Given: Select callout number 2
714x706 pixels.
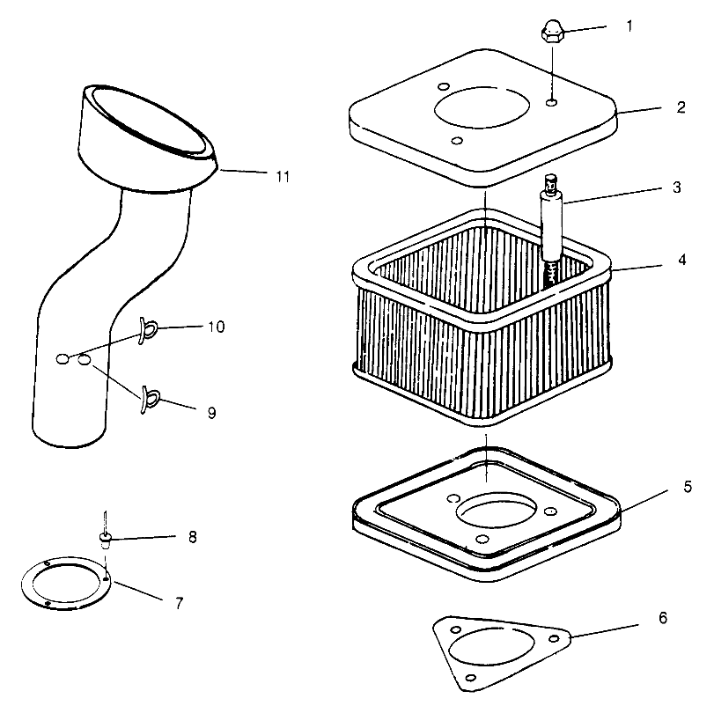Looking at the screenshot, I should coord(681,108).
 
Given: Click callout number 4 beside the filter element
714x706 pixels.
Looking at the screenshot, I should coord(681,261).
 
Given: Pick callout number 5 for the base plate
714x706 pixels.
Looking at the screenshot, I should coord(686,486).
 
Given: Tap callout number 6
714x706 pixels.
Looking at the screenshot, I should coord(661,619).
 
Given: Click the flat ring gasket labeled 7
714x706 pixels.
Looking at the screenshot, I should coord(67,584).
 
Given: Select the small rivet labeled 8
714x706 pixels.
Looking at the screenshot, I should coord(105,537).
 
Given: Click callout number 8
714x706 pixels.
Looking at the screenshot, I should coord(192,535).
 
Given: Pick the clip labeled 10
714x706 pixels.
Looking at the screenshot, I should coord(148,330).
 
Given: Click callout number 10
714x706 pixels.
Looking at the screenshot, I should coord(216,327).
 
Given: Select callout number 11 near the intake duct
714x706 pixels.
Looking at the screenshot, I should coord(281,176).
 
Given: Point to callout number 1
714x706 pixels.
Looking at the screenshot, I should coord(629,26).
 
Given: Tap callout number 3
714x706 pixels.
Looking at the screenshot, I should coord(676,188).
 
